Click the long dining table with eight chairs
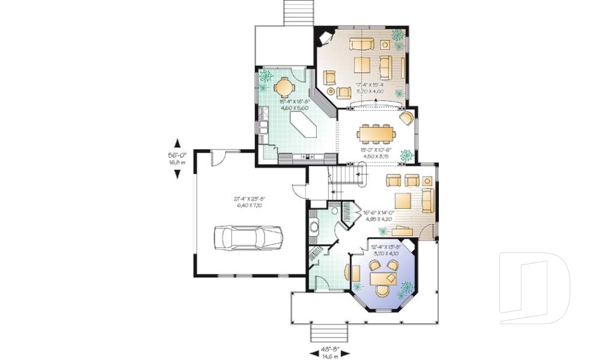click(376, 133)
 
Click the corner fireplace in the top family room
click(326, 37)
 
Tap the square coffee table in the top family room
click(362, 65)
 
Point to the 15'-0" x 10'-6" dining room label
click(377, 152)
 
